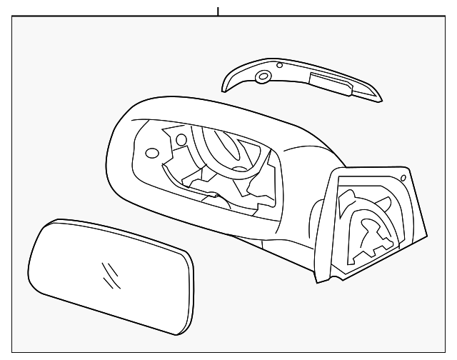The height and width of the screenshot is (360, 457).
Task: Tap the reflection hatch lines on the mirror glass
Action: (x=111, y=272)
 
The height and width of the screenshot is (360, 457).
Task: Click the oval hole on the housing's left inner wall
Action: (x=151, y=152)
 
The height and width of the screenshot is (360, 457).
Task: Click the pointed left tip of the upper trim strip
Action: (x=224, y=87)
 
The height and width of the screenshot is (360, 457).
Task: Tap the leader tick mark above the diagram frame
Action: (x=218, y=11)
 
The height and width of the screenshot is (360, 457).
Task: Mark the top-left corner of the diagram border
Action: (x=13, y=19)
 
